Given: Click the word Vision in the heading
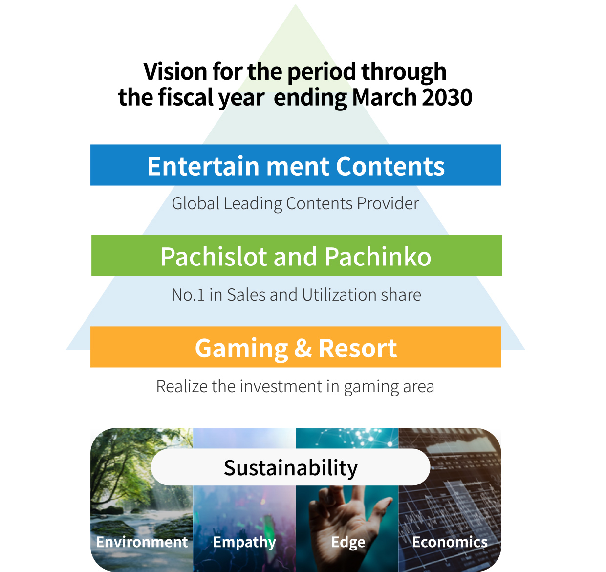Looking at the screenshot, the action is point(175,71).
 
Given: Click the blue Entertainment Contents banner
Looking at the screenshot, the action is point(296,165).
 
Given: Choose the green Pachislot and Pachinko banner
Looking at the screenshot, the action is point(297,255).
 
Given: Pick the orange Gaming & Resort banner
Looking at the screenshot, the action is point(296,347).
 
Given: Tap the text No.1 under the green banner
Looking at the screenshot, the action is point(188,295).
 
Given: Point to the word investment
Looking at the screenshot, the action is point(281,386).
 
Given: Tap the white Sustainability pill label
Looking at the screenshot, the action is point(290,467).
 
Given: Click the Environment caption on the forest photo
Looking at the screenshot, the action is point(142,542).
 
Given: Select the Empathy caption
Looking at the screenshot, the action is point(244,543).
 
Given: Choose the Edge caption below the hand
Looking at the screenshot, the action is point(348,543).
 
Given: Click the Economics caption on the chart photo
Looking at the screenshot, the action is point(450,542).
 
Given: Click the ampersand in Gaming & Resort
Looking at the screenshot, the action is point(303,348).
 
